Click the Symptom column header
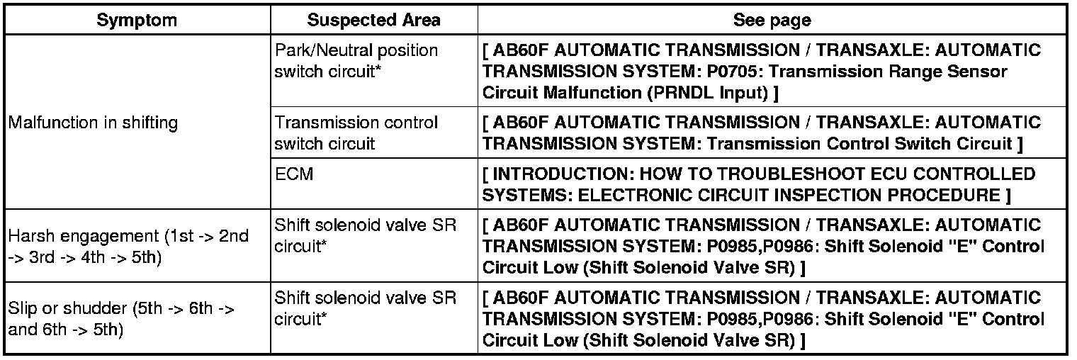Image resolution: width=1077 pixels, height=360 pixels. pos(137,20)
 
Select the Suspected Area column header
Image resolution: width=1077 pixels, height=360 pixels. pos(373,20)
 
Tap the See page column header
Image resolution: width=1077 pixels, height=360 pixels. pos(772,20)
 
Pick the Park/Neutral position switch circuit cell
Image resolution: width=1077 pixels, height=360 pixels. pos(356,61)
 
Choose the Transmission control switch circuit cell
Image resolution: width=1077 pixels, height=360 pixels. pos(356,133)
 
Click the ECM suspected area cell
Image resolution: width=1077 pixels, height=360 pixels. pos(294,174)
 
